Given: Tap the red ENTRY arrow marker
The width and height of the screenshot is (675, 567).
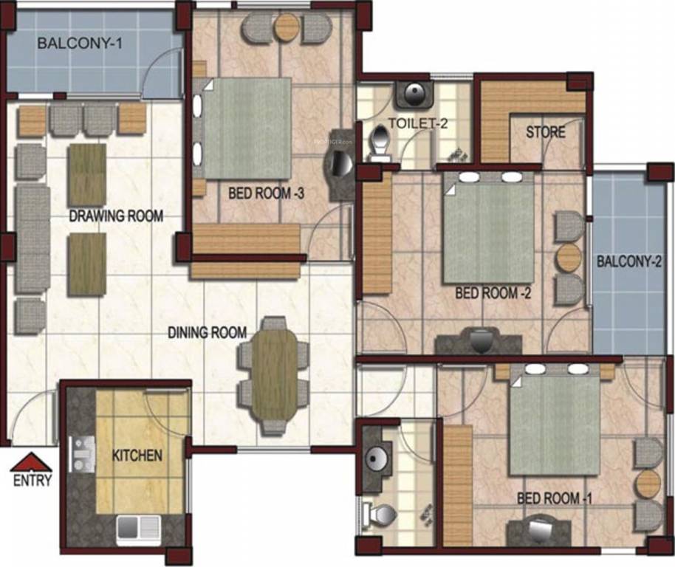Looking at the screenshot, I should (31, 463).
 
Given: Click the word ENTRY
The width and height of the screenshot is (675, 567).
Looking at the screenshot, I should (32, 481).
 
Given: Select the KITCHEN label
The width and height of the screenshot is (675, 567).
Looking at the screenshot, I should (137, 456).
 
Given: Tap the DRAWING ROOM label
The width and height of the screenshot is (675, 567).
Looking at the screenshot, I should (116, 216).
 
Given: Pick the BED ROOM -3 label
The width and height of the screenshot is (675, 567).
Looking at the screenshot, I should (267, 193).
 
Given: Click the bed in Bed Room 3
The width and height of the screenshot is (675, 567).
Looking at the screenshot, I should (247, 128).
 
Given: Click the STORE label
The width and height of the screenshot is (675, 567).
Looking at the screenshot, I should (546, 133).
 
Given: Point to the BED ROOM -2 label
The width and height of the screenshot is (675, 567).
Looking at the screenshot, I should (493, 293).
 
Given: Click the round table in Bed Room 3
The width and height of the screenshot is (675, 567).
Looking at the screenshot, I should (285, 28).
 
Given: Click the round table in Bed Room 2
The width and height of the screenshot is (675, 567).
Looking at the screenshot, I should (569, 258).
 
